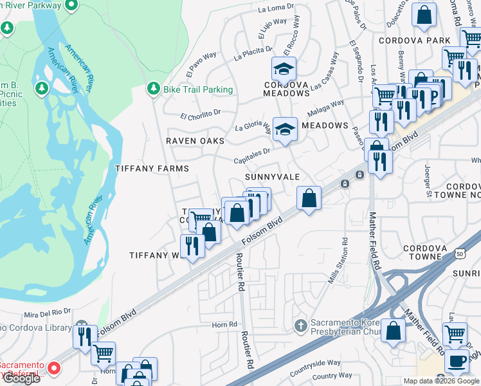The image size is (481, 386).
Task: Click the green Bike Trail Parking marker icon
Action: click(x=153, y=88)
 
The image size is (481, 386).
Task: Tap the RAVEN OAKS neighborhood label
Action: click(x=195, y=140)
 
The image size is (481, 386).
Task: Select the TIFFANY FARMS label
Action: click(x=152, y=169)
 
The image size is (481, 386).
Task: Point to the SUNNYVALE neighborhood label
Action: click(x=271, y=176)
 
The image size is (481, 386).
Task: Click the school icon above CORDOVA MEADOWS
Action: click(x=284, y=68)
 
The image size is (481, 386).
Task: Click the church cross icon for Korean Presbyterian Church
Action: click(x=300, y=326)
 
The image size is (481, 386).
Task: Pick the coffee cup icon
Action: click(x=457, y=362)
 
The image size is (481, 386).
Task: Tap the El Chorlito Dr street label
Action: click(x=200, y=116)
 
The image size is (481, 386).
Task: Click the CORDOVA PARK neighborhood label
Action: click(x=422, y=40)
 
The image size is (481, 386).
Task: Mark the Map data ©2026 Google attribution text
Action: click(x=441, y=381)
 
